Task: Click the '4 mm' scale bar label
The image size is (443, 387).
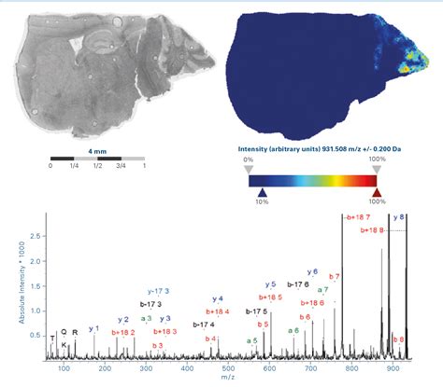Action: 97,147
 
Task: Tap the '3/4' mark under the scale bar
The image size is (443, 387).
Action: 121,166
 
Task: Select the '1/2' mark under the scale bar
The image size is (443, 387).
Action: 97,166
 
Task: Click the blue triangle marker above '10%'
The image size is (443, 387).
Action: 262,191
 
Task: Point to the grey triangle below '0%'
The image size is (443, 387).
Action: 248,169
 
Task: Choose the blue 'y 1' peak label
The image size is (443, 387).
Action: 93,328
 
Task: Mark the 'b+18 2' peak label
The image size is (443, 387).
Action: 124,331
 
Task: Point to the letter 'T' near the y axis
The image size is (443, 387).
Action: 53,335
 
